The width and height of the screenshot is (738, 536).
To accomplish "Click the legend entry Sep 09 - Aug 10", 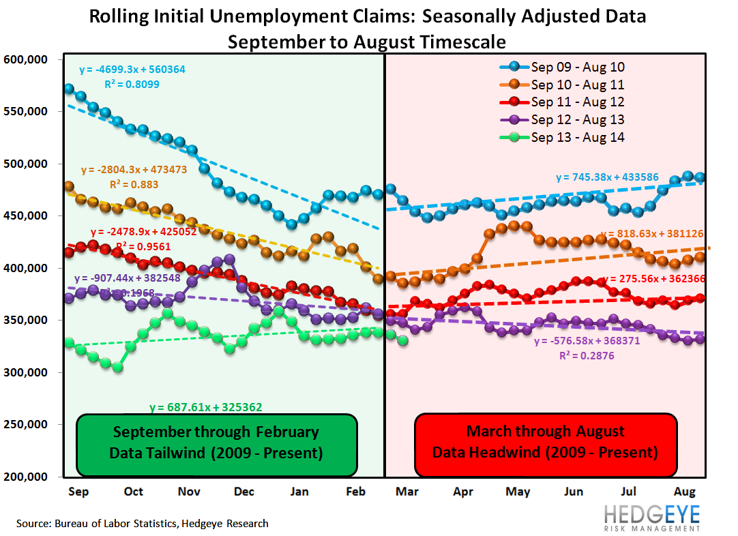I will pos(578,67).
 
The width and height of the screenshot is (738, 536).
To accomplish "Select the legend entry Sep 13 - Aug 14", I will pos(578,137).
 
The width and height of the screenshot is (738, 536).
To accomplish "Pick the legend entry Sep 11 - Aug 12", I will pos(578,102).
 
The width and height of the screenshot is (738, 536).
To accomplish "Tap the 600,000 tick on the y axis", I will pos(25,60).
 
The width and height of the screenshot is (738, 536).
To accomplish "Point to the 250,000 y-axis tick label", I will pos(25,425).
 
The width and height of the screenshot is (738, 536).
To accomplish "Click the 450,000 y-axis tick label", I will pos(25,216).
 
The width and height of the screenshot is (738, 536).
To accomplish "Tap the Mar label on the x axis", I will pos(408,492).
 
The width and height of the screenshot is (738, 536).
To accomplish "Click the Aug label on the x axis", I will pos(685,492).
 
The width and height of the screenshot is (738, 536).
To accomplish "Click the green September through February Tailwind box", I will pos(216,444).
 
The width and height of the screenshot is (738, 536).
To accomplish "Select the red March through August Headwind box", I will pos(545,444).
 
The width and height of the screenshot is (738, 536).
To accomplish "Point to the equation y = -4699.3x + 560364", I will pos(132,70).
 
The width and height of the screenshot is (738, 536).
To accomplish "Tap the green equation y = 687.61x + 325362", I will pos(205,407).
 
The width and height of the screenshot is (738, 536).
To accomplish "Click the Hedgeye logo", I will pos(651,517).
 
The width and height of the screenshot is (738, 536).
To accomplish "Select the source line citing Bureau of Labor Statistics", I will pos(142,524).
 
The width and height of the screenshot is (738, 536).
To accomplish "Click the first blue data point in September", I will pos(69,89).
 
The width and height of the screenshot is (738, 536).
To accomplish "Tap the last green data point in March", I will pos(402,340).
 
